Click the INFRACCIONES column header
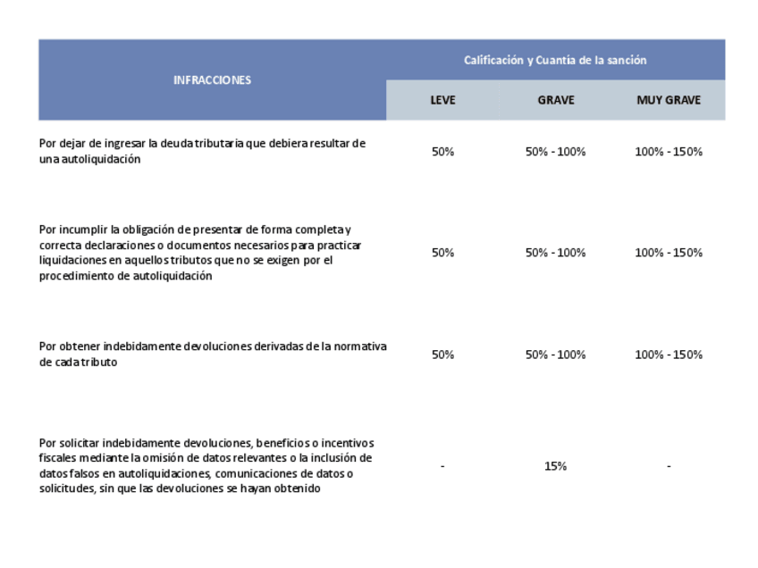coord(212,79)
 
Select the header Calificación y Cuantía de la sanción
coord(554,60)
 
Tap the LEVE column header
coord(442,100)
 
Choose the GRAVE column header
coord(555,100)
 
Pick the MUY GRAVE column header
coord(668,100)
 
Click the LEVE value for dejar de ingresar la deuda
coord(442,151)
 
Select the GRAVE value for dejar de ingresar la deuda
coord(555,151)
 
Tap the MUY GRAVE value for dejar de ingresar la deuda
coord(668,151)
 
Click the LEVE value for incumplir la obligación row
coord(442,253)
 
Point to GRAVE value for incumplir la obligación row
coord(555,253)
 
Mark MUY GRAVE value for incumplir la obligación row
coord(668,253)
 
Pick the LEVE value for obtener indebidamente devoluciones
coord(442,355)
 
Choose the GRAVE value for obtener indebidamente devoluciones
coord(555,355)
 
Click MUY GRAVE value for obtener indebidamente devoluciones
coord(668,355)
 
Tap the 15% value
coord(555,466)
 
